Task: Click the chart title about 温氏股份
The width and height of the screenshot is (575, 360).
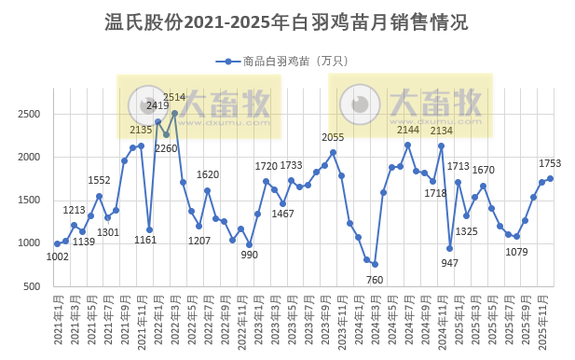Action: pyautogui.click(x=287, y=21)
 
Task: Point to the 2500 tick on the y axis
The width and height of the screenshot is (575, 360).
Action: pyautogui.click(x=30, y=114)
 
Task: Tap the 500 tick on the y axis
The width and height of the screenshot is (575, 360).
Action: pyautogui.click(x=34, y=286)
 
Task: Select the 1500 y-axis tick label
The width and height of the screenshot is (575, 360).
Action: pyautogui.click(x=30, y=201)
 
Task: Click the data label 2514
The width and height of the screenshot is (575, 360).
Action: pyautogui.click(x=174, y=97)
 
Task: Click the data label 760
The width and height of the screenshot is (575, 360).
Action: pyautogui.click(x=375, y=279)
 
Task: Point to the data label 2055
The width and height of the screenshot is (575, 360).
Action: pyautogui.click(x=333, y=138)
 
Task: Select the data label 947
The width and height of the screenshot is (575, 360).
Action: pyautogui.click(x=450, y=262)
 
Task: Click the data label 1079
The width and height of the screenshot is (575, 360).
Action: pyautogui.click(x=516, y=252)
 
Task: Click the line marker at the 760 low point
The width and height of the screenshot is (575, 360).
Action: pyautogui.click(x=375, y=264)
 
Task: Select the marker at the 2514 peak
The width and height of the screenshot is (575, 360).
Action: pyautogui.click(x=174, y=113)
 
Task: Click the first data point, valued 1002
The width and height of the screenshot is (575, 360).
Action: pyautogui.click(x=57, y=243)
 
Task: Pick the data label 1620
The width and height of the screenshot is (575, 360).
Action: pyautogui.click(x=208, y=174)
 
